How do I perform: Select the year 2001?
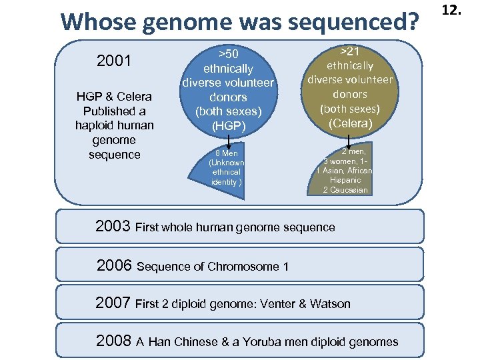(x=114, y=62)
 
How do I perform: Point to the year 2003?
(x=113, y=226)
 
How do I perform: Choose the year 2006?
(x=114, y=265)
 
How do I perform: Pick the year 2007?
(x=113, y=303)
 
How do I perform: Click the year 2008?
(x=113, y=341)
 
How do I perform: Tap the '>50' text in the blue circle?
(x=228, y=53)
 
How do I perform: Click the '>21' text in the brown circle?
(x=350, y=51)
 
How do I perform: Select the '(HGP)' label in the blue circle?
(x=228, y=125)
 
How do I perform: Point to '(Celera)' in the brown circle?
(x=350, y=123)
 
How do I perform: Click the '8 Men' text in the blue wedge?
(x=227, y=153)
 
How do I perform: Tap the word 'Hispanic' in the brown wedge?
(x=344, y=180)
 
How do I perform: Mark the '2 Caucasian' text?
(x=344, y=189)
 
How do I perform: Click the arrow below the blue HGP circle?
(x=228, y=141)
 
